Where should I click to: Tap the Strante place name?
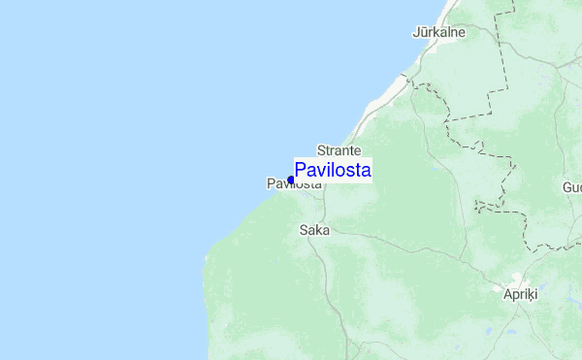[339, 151]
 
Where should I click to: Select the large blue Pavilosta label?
[332, 171]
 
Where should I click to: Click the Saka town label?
[314, 230]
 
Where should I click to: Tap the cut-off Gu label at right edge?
[571, 186]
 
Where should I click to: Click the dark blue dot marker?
[291, 180]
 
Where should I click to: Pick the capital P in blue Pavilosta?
[301, 171]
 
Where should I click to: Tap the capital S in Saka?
[305, 230]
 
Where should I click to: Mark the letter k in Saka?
[320, 230]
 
